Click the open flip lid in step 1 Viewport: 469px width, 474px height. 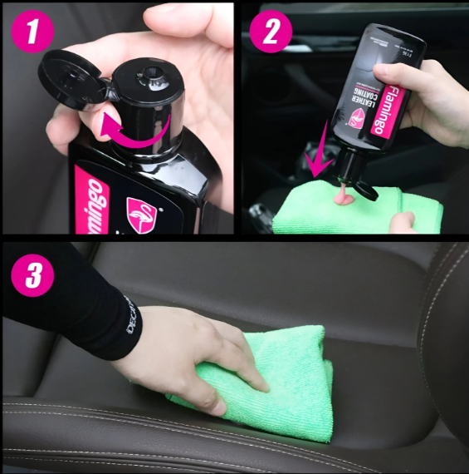72,78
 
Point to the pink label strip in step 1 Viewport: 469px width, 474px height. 88,200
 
